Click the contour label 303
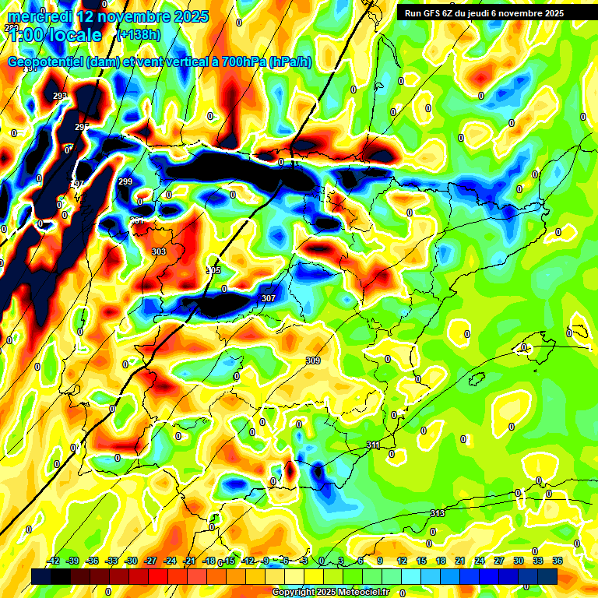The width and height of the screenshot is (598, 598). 159,252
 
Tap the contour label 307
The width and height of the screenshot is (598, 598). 269,298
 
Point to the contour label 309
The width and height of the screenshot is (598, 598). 313,361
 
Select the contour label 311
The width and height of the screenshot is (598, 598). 373,445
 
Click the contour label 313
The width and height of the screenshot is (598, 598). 438,513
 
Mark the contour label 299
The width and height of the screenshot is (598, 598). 125,181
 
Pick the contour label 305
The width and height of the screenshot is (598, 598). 213,270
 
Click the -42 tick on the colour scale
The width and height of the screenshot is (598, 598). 54,561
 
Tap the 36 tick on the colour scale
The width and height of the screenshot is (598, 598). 558,561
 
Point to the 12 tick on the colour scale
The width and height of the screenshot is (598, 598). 402,561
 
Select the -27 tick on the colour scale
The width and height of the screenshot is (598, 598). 151,561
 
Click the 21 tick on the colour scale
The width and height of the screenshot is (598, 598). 460,561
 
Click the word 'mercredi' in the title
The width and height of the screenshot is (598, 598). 40,16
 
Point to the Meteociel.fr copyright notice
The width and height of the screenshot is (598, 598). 330,592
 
